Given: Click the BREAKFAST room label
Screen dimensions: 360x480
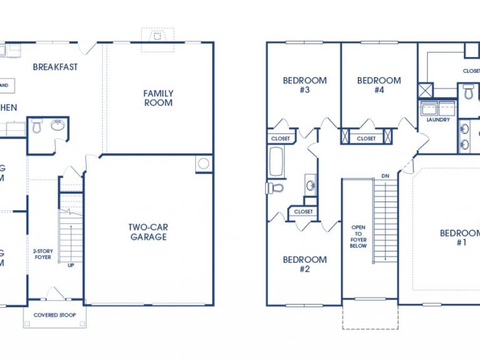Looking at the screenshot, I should click(x=55, y=67).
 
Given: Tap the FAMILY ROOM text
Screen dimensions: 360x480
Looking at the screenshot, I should click(x=158, y=98).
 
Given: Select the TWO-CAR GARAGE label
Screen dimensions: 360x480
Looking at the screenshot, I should click(x=148, y=232).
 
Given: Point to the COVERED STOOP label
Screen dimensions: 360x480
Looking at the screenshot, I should click(x=54, y=315).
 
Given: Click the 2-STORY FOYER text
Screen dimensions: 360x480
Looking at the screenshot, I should click(x=42, y=254).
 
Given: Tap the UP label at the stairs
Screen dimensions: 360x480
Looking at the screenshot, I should click(x=70, y=265).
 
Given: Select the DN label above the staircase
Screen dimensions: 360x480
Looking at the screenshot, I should click(x=385, y=175).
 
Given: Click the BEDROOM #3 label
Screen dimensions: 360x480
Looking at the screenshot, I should click(x=305, y=85).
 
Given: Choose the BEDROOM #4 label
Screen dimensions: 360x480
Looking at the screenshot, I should click(x=379, y=85).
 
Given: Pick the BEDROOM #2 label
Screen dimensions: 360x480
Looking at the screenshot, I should click(x=305, y=264).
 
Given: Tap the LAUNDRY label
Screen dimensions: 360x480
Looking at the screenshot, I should click(x=438, y=120).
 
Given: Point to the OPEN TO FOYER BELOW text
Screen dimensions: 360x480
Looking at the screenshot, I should click(x=358, y=236).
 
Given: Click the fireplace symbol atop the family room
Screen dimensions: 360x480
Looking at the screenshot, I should click(x=157, y=36).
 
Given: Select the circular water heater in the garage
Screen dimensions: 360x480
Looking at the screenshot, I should click(x=204, y=164).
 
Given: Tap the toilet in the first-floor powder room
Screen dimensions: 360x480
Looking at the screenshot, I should click(x=37, y=126).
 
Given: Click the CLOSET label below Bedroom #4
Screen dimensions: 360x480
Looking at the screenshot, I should click(x=366, y=139).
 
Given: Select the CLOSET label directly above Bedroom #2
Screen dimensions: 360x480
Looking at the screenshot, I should click(x=303, y=212).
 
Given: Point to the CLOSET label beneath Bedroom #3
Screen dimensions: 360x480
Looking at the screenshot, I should click(x=281, y=139).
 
